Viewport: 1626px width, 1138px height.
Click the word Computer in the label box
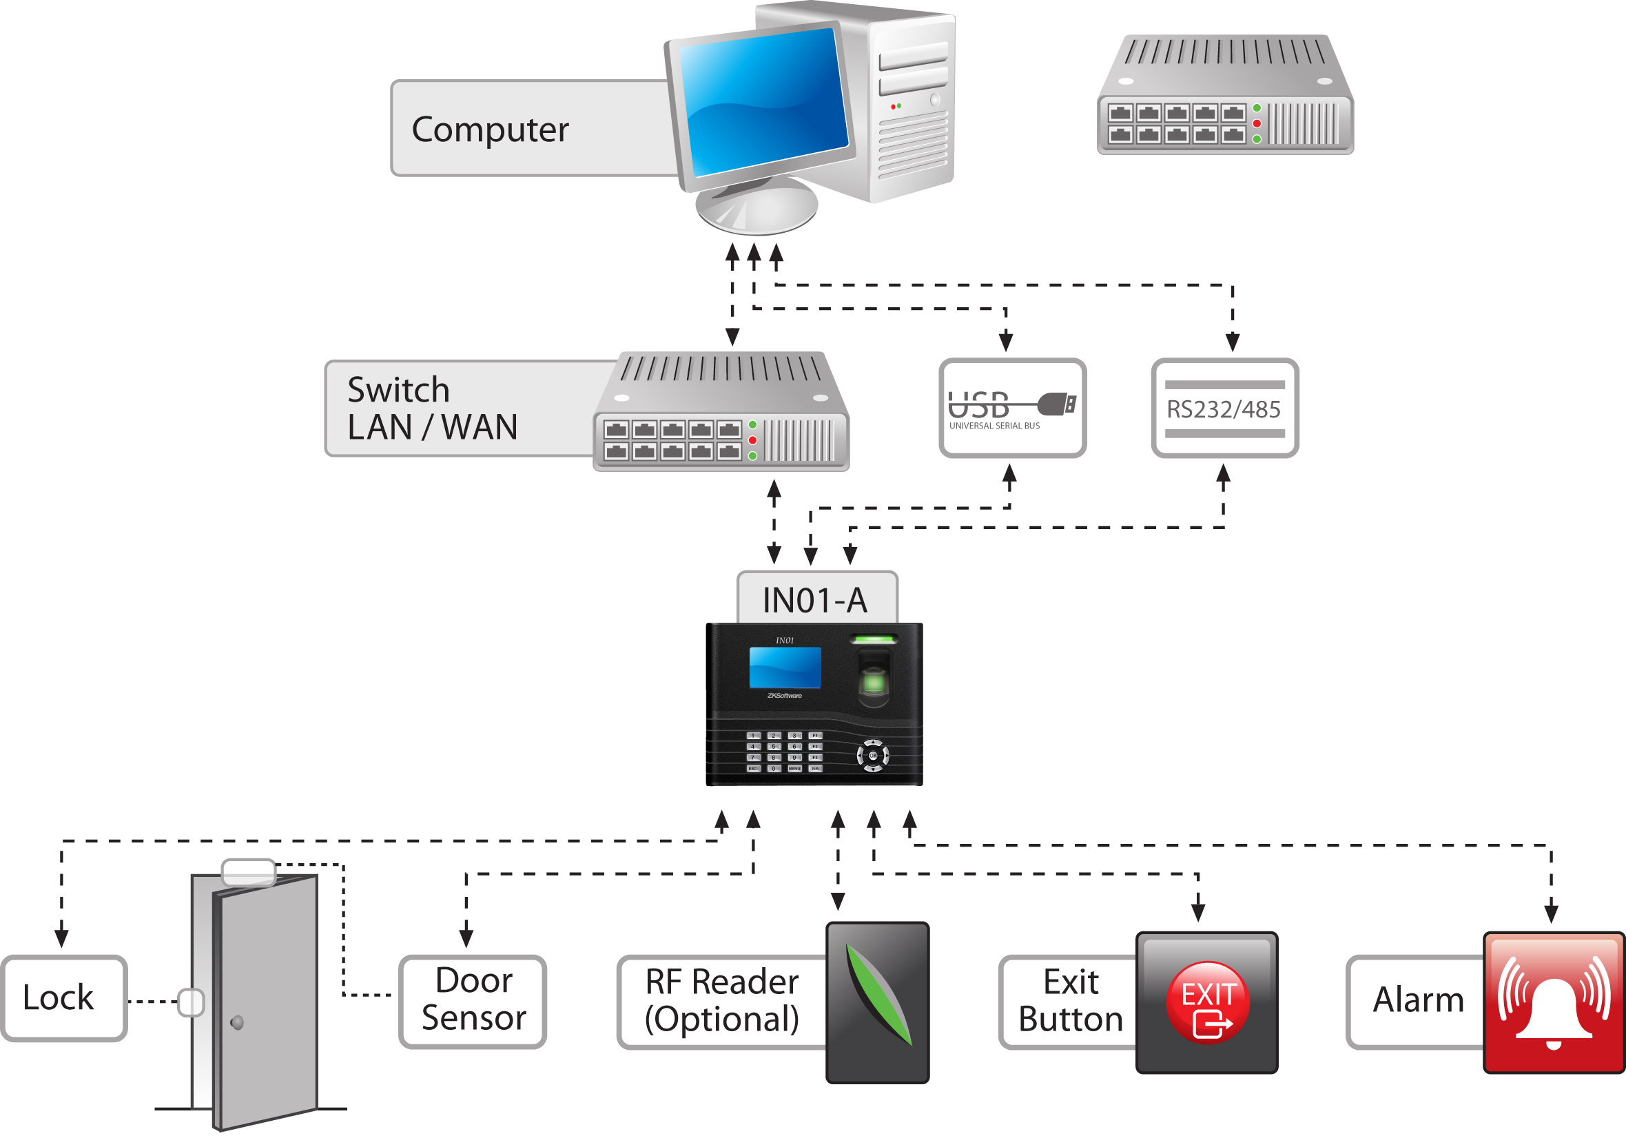coord(490,130)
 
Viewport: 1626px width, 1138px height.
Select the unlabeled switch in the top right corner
coord(1224,96)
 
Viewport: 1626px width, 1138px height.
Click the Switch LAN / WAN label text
coord(432,408)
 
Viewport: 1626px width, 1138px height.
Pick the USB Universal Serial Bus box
coord(1012,408)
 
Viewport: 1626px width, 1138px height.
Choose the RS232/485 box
coord(1224,408)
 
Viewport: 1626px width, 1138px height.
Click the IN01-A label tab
coord(815,600)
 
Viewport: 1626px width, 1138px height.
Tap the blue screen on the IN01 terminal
coord(785,666)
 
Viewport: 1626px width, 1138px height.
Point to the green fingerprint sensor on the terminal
coord(874,681)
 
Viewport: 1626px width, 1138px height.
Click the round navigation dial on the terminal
coord(872,756)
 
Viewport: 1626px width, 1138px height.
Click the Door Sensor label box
coord(473,1000)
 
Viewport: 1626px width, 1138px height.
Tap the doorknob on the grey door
coord(237,1022)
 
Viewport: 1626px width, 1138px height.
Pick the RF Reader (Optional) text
coord(721,1000)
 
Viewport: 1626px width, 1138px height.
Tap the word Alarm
coord(1418,1000)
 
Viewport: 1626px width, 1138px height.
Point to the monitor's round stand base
coord(757,207)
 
